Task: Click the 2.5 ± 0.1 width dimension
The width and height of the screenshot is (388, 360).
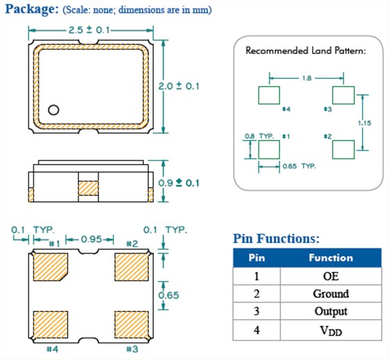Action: (x=89, y=30)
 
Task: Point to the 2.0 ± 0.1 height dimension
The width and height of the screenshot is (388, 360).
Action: (x=179, y=87)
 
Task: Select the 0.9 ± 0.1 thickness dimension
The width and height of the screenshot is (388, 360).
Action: (x=179, y=183)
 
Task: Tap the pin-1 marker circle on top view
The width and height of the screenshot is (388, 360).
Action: (x=53, y=110)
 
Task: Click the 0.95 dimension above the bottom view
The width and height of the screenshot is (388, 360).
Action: (x=91, y=239)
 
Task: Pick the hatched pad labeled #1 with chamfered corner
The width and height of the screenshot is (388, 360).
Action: (x=51, y=267)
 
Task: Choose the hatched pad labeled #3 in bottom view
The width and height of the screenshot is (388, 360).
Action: (x=132, y=325)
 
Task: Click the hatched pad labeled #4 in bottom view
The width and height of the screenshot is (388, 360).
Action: (x=51, y=325)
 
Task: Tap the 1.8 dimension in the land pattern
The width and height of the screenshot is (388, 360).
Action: (x=306, y=78)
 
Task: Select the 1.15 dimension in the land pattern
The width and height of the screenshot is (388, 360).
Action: (x=364, y=123)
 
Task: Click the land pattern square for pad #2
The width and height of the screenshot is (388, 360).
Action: (x=343, y=150)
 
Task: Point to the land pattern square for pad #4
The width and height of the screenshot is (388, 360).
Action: (x=269, y=96)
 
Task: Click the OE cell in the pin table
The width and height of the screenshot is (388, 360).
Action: (x=331, y=276)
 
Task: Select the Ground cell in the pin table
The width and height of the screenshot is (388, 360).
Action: (x=331, y=294)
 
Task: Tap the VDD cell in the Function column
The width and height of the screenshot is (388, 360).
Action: (x=331, y=330)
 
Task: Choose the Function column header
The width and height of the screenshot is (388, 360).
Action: (x=331, y=258)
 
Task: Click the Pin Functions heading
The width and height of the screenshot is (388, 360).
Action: (x=276, y=239)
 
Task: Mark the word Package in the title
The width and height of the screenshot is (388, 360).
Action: (x=32, y=10)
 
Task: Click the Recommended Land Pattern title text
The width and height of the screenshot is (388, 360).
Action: (x=306, y=51)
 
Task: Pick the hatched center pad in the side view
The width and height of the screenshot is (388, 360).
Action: (x=89, y=188)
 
